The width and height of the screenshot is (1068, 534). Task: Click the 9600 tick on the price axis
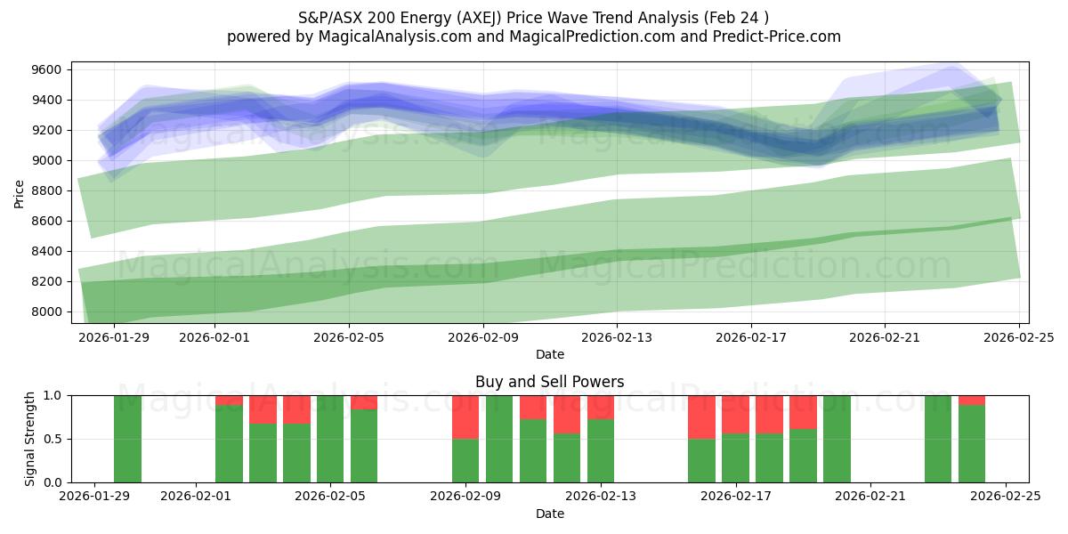coord(46,69)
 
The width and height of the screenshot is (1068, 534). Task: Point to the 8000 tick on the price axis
coord(46,311)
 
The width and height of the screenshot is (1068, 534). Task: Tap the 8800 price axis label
coord(46,190)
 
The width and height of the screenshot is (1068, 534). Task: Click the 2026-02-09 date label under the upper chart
coord(483,338)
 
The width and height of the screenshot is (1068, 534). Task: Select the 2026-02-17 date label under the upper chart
coord(751,338)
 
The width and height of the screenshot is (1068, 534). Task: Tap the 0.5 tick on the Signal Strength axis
coord(53,439)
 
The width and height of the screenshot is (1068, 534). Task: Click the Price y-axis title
coord(20,192)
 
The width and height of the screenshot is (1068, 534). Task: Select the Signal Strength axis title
coord(30,439)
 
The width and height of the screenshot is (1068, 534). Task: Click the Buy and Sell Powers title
coord(549,382)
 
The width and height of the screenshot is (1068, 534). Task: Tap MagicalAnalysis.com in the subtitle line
coord(388,36)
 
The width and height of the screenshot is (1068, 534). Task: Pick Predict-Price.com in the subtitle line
coord(772,36)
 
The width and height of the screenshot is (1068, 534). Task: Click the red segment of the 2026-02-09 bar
coord(465,417)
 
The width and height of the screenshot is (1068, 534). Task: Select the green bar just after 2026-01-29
coord(127,439)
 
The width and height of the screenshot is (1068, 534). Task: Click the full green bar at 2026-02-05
coord(330,439)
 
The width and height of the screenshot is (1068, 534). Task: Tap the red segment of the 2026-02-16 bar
coord(701,417)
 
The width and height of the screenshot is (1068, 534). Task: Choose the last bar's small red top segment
coord(972,400)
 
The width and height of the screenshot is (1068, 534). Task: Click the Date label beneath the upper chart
coord(549,354)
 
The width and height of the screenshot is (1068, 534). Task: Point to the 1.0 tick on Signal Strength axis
coord(53,395)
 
